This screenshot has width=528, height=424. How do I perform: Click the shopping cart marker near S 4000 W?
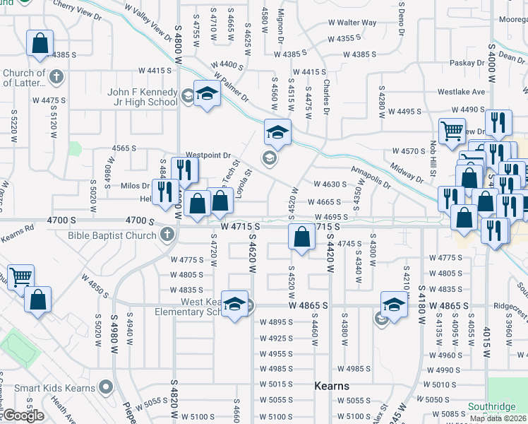point(452,130)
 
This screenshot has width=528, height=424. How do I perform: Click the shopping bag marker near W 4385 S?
point(40,42)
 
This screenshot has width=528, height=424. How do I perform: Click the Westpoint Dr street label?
point(208,155)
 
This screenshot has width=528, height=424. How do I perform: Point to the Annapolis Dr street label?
point(371,177)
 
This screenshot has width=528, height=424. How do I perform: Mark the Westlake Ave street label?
point(461,91)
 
